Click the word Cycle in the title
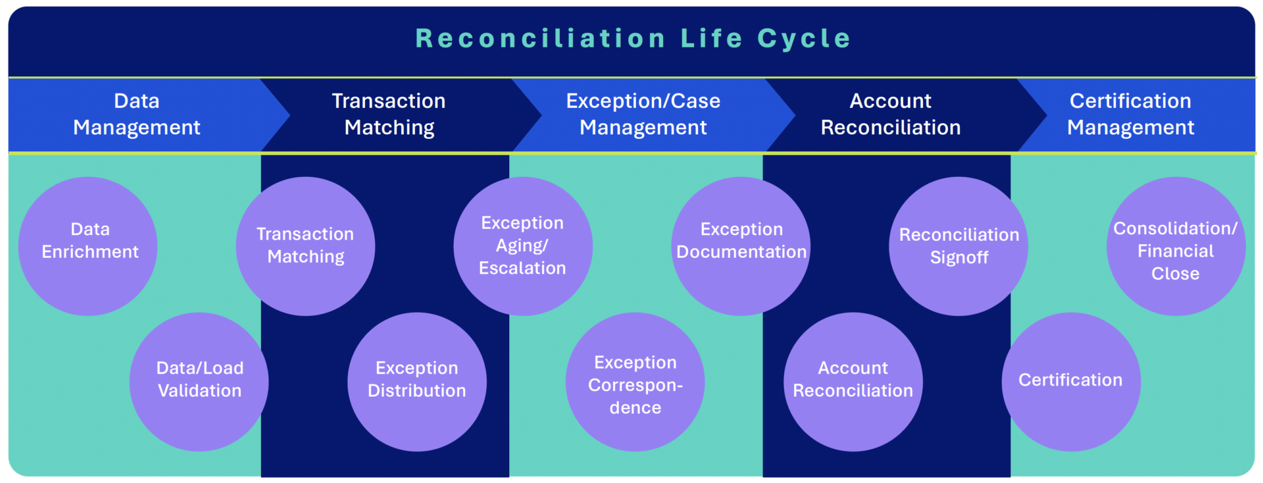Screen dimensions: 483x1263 point(804,38)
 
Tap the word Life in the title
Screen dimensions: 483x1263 point(711,38)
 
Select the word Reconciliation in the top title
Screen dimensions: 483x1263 point(541,38)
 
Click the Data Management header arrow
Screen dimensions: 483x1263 point(137,114)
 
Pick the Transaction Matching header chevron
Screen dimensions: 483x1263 point(389,114)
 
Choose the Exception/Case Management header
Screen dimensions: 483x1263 point(643,114)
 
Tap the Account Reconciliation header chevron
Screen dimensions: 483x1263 point(891,114)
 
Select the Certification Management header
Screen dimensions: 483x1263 point(1130,114)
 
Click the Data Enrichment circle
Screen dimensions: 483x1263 point(88,246)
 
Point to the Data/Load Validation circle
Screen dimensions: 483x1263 point(199,382)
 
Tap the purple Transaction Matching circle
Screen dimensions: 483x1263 point(305,246)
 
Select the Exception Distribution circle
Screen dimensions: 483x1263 point(417,382)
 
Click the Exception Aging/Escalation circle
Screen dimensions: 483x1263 point(523,246)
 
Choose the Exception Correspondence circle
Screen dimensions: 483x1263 point(635,382)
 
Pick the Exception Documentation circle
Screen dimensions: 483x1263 point(741,246)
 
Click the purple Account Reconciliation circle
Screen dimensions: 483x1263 point(853,382)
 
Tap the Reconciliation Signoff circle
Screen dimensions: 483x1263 point(958,246)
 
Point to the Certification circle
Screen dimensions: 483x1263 point(1071,382)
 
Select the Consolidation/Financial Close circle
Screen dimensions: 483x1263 point(1176,246)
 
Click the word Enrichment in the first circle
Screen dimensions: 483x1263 point(90,252)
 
